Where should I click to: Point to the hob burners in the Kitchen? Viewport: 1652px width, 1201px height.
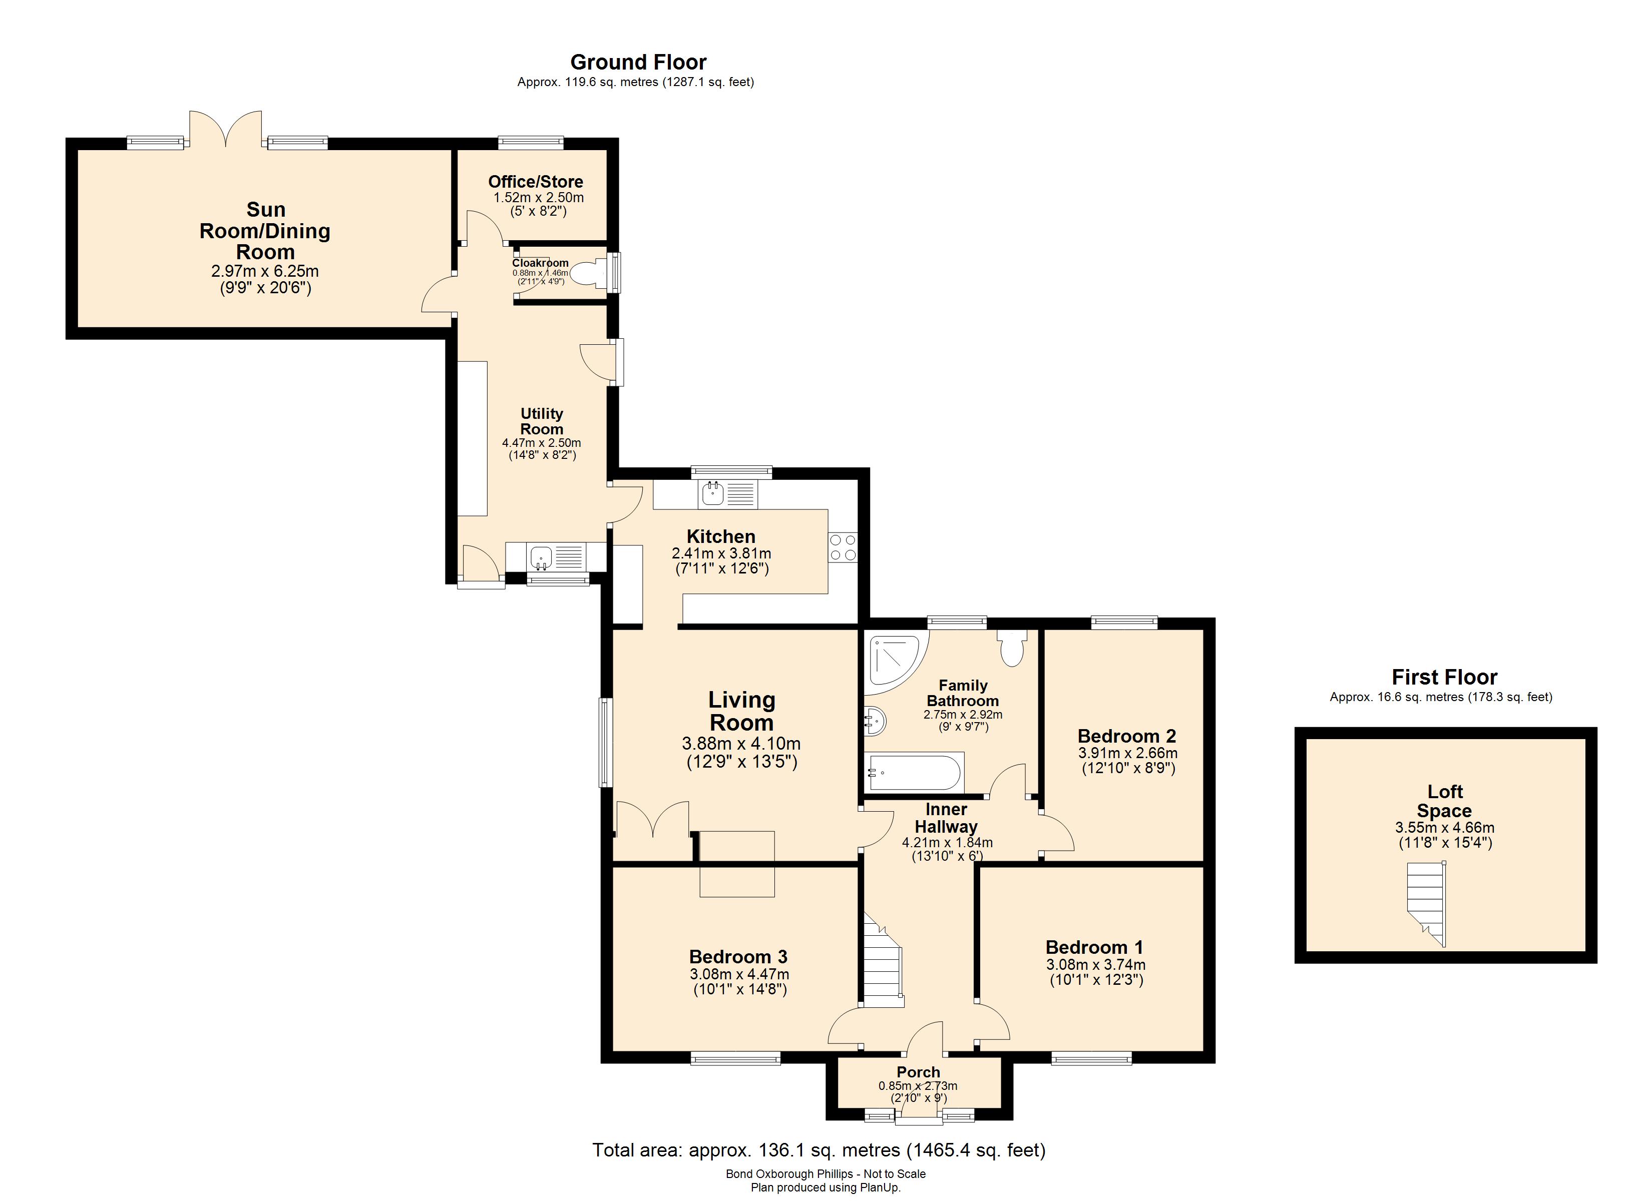coord(843,547)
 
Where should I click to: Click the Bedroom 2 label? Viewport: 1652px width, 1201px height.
coord(1126,736)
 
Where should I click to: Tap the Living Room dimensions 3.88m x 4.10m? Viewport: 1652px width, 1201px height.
coord(741,744)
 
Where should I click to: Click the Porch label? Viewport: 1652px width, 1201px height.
coord(918,1072)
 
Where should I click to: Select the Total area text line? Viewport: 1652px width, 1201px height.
coord(818,1150)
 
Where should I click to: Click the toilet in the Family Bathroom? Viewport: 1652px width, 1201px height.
coord(1012,648)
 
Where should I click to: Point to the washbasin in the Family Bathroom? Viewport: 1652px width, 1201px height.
coord(874,722)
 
